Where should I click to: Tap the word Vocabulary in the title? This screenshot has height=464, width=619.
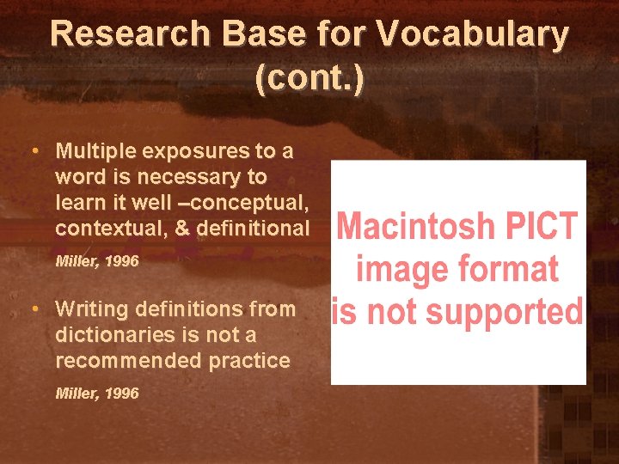click(x=474, y=34)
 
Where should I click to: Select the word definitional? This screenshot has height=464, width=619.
click(x=252, y=229)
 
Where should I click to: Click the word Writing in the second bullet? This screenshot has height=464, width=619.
click(x=89, y=308)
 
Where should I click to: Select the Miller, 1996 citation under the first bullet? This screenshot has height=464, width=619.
click(x=96, y=260)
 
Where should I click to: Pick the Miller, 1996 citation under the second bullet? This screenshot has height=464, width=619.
click(x=96, y=393)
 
